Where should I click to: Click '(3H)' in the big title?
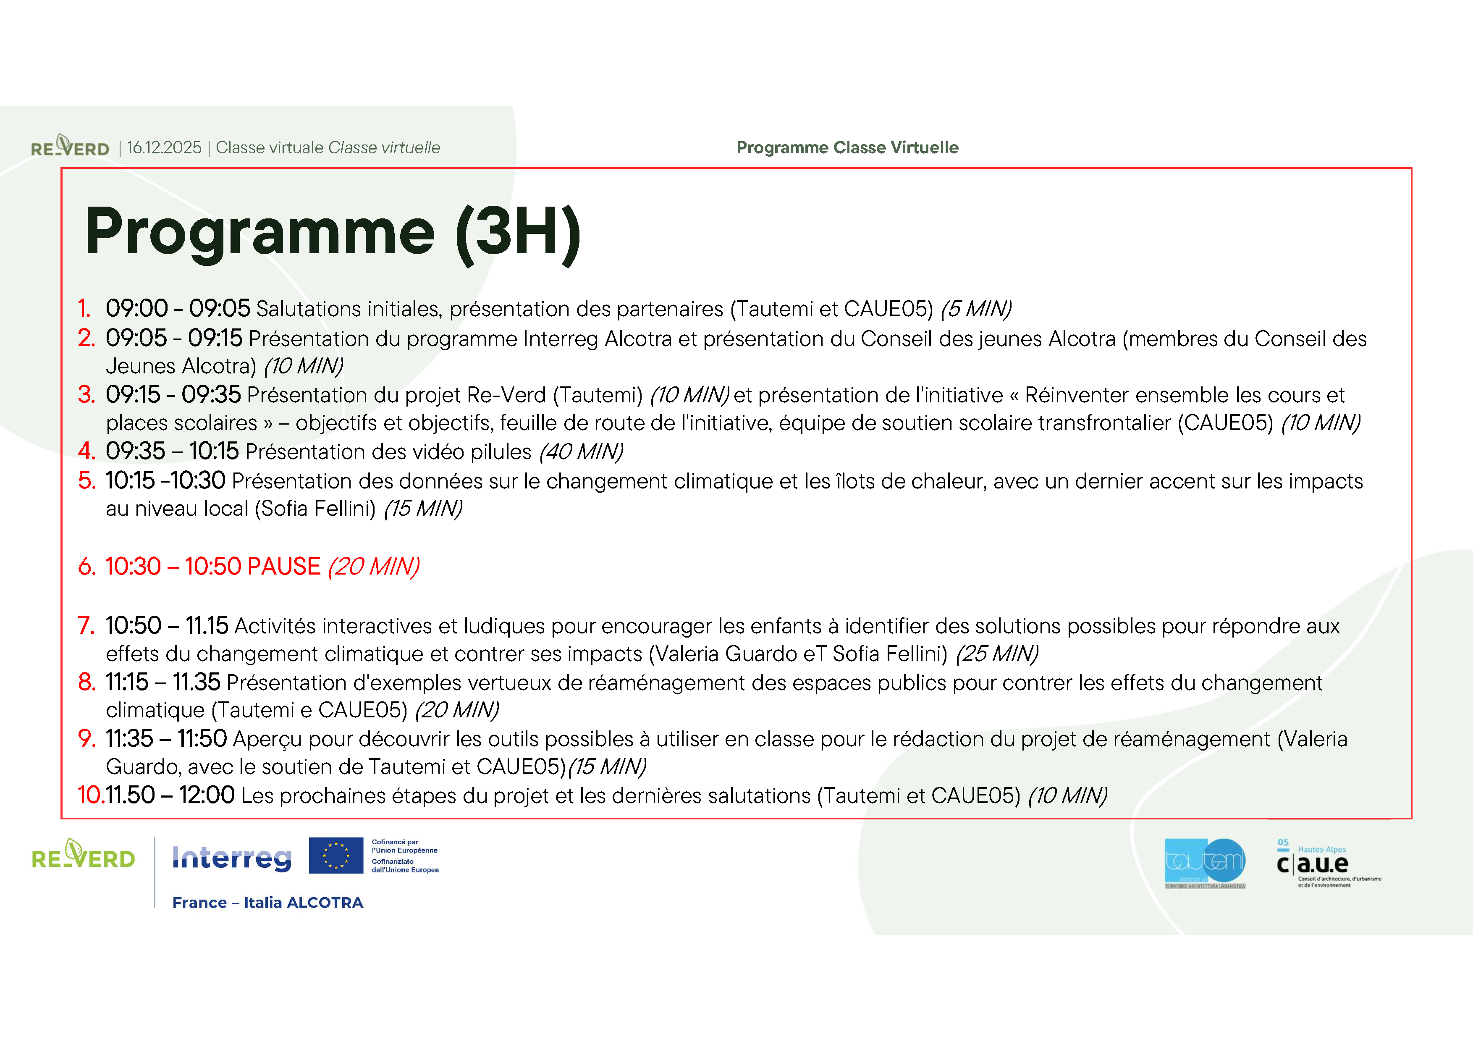518,233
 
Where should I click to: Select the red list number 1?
84,309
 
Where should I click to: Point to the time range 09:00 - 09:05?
178,309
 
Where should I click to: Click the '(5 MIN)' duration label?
976,309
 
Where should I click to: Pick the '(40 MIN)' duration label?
581,452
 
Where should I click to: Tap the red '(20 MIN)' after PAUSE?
373,567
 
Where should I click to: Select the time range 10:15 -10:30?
165,480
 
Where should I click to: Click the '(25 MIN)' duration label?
996,654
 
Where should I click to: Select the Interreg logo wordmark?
232,858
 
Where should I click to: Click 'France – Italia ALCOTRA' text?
267,903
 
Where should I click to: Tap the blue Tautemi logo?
1205,862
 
